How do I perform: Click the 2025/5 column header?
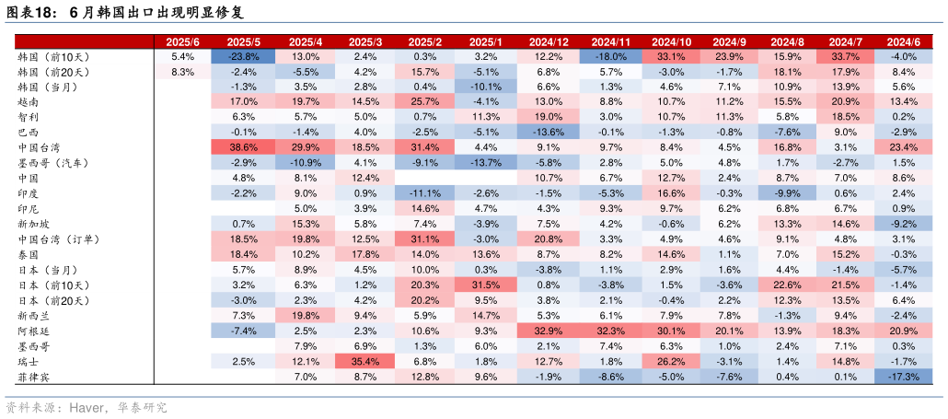coord(244,42)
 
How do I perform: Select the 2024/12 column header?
coord(549,42)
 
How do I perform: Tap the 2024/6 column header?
coord(904,42)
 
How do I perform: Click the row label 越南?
coord(29,101)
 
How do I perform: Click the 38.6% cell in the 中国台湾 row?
coord(244,147)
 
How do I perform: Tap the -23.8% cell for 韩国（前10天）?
coord(244,56)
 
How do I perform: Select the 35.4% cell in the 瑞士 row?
coord(365,361)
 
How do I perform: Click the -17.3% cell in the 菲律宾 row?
coord(904,377)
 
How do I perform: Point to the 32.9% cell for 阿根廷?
coord(549,331)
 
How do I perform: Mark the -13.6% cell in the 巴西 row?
coord(549,132)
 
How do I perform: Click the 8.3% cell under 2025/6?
coord(183,72)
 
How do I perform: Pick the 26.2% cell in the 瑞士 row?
coord(671,361)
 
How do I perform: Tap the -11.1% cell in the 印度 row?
coord(425,193)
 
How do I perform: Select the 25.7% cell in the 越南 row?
coord(425,101)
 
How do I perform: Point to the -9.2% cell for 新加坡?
coord(904,224)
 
